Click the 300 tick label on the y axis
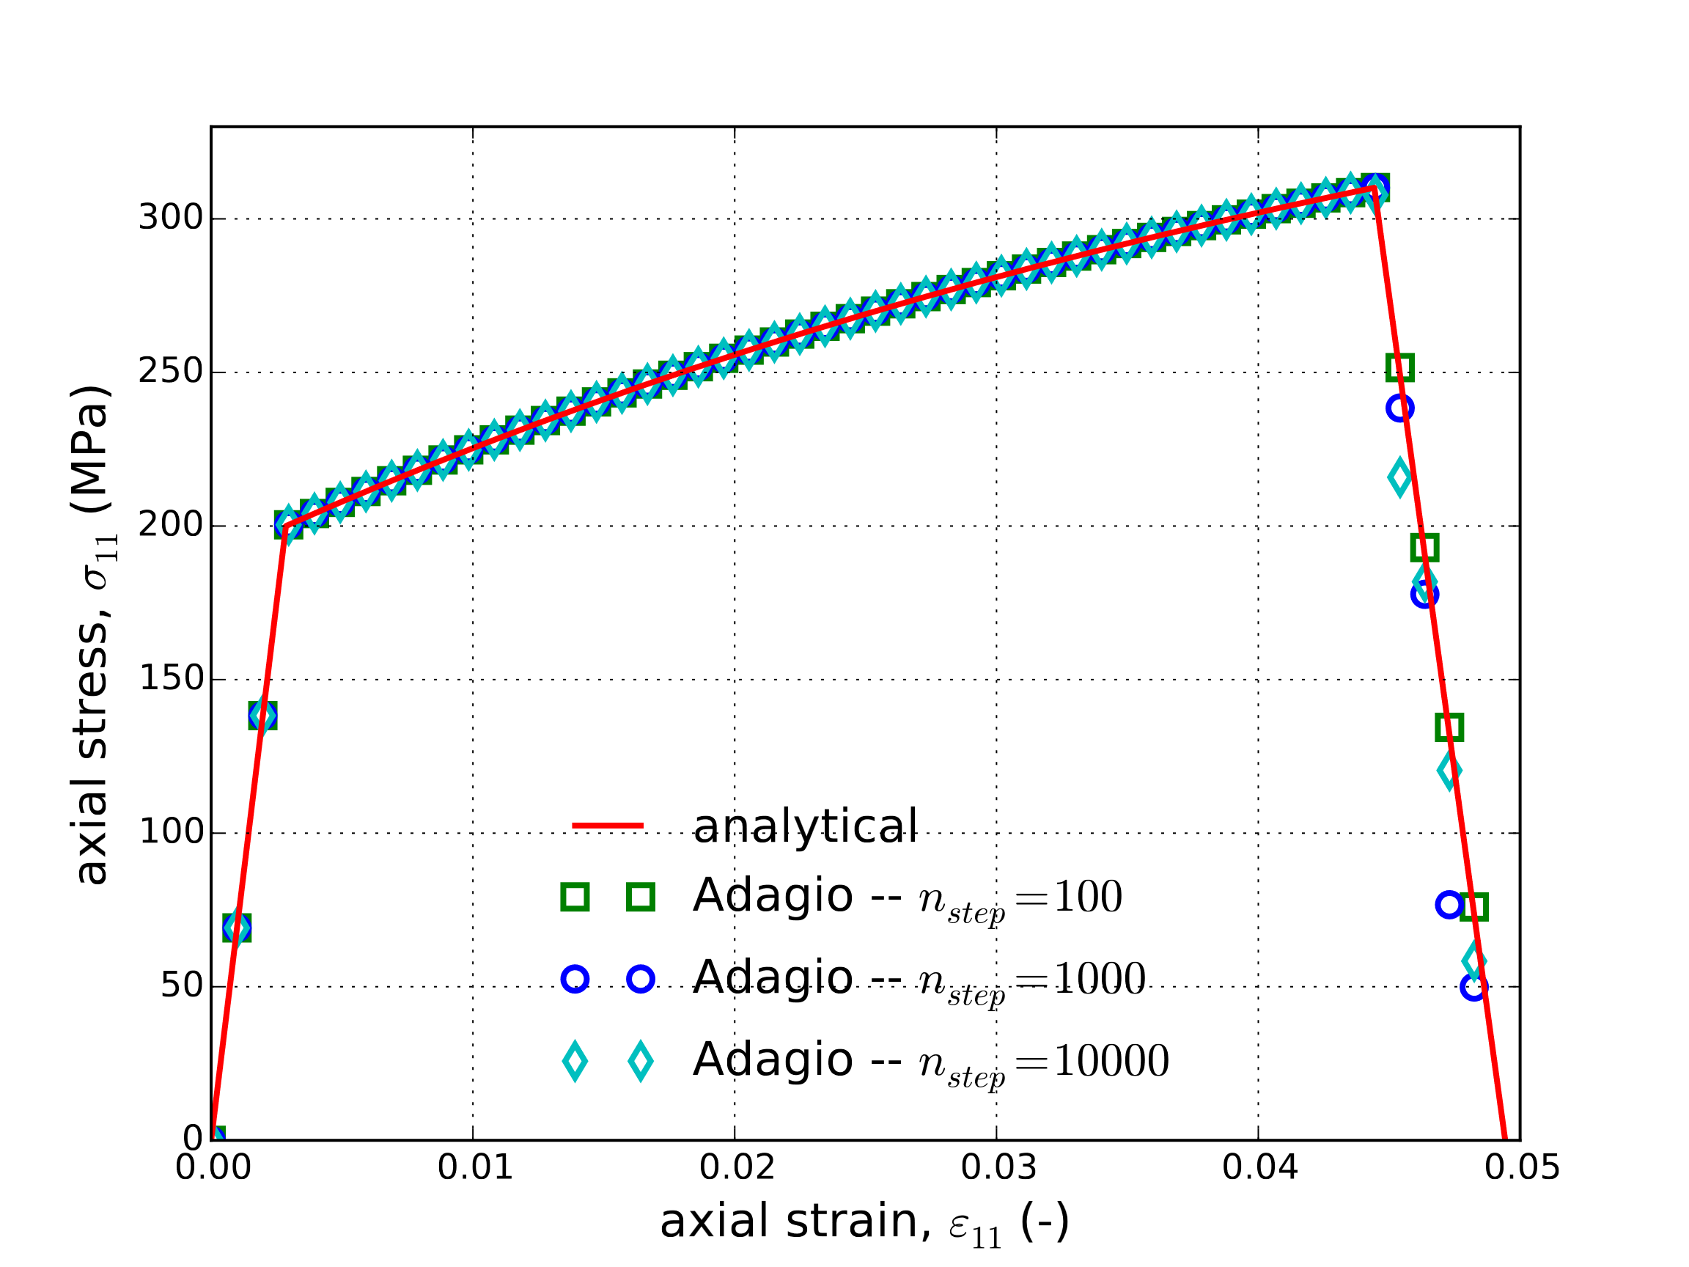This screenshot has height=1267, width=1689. tap(170, 218)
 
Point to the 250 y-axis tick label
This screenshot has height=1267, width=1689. tap(170, 372)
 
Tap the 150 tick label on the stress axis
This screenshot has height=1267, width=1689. tap(170, 679)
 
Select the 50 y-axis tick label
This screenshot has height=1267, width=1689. tap(181, 986)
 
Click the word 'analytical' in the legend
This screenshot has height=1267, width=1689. tap(805, 826)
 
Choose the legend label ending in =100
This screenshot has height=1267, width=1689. tap(907, 897)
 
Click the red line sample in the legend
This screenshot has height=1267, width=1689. tap(608, 826)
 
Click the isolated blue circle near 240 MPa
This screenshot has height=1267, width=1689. tap(1399, 408)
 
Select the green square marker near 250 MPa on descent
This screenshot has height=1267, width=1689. tap(1399, 367)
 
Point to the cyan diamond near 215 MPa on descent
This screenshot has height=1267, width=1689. tap(1399, 477)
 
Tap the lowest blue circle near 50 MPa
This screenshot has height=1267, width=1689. tap(1473, 987)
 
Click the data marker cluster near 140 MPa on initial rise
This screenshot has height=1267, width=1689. tap(262, 716)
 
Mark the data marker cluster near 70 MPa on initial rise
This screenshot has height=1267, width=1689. tap(237, 928)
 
